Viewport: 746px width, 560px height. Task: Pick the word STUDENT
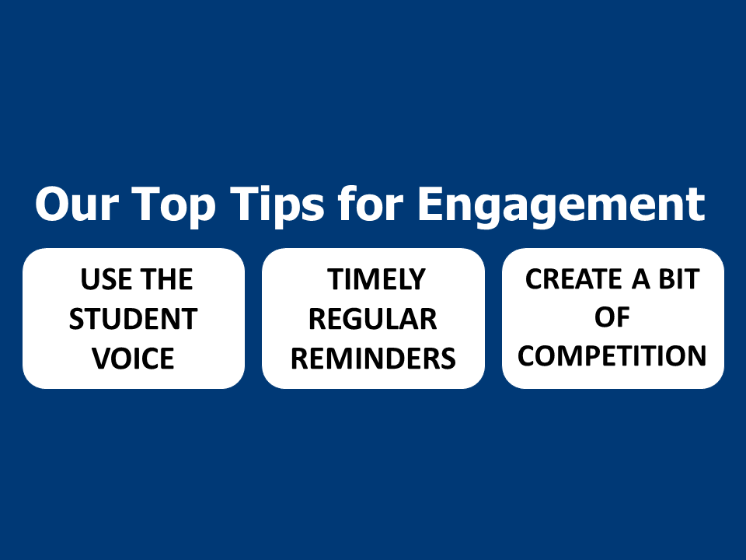point(133,319)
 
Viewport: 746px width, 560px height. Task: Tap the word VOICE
point(133,358)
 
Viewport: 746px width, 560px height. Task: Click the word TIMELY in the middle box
point(376,279)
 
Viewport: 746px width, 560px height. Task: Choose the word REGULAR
point(372,319)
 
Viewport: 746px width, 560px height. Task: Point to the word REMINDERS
point(373,358)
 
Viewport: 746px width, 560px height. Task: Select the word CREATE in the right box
point(573,278)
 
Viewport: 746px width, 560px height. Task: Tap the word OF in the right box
point(612,317)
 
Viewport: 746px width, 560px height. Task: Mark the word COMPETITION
point(612,355)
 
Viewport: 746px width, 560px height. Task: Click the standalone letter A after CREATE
point(640,278)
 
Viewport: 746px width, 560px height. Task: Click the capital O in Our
point(51,204)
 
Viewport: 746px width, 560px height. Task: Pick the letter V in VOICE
point(101,358)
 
